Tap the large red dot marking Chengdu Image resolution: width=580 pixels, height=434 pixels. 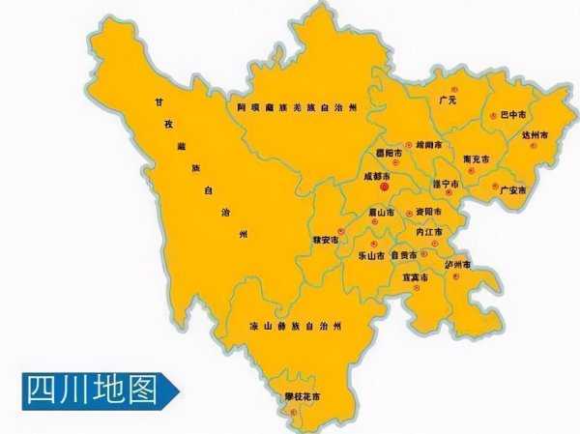click(x=384, y=187)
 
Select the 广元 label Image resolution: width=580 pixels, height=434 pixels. click(x=448, y=100)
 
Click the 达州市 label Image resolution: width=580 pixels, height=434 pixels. click(x=535, y=135)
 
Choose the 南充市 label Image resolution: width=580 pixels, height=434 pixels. click(x=476, y=158)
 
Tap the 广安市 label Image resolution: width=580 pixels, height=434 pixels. click(x=512, y=190)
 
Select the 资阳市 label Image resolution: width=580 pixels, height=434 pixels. click(x=427, y=212)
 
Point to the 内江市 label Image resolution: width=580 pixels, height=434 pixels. click(x=427, y=233)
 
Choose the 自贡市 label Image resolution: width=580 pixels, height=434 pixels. click(x=407, y=255)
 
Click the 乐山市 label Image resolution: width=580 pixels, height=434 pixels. click(x=371, y=256)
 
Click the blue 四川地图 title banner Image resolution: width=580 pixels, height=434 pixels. click(x=97, y=390)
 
